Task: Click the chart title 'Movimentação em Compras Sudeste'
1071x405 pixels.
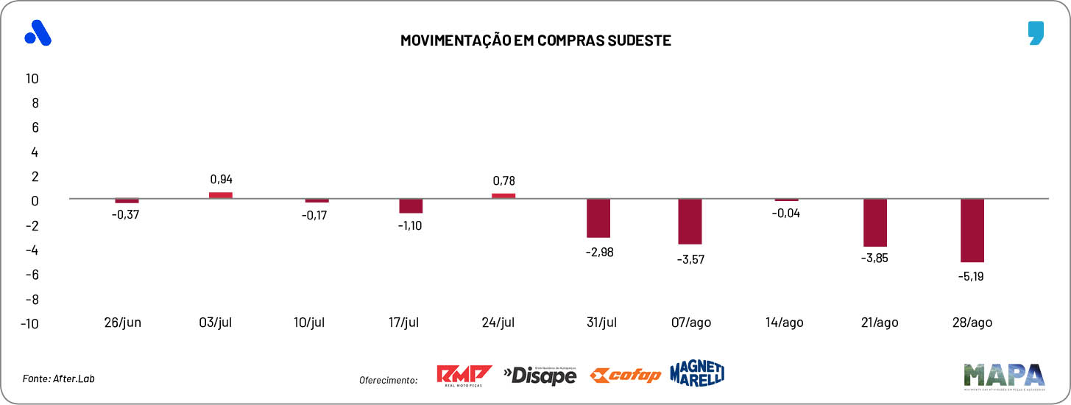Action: pyautogui.click(x=535, y=40)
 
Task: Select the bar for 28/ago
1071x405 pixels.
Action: pyautogui.click(x=972, y=230)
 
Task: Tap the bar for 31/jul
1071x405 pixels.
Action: pyautogui.click(x=598, y=218)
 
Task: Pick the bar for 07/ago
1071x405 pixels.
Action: pyautogui.click(x=690, y=221)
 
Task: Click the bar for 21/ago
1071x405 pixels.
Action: pyautogui.click(x=875, y=222)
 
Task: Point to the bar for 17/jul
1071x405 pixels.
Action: pyautogui.click(x=411, y=206)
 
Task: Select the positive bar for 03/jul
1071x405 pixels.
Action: pyautogui.click(x=221, y=195)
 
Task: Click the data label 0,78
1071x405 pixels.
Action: pyautogui.click(x=503, y=180)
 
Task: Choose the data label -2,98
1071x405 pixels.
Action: pyautogui.click(x=598, y=252)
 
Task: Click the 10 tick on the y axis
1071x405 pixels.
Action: pyautogui.click(x=32, y=78)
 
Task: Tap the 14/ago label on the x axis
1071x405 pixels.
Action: pyautogui.click(x=784, y=323)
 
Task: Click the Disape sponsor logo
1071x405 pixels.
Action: pyautogui.click(x=540, y=375)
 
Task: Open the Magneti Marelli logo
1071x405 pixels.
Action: pyautogui.click(x=697, y=373)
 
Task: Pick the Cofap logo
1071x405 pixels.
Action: pyautogui.click(x=625, y=376)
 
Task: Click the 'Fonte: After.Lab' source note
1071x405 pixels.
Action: pyautogui.click(x=59, y=378)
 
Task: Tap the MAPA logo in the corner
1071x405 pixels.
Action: pyautogui.click(x=1003, y=376)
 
